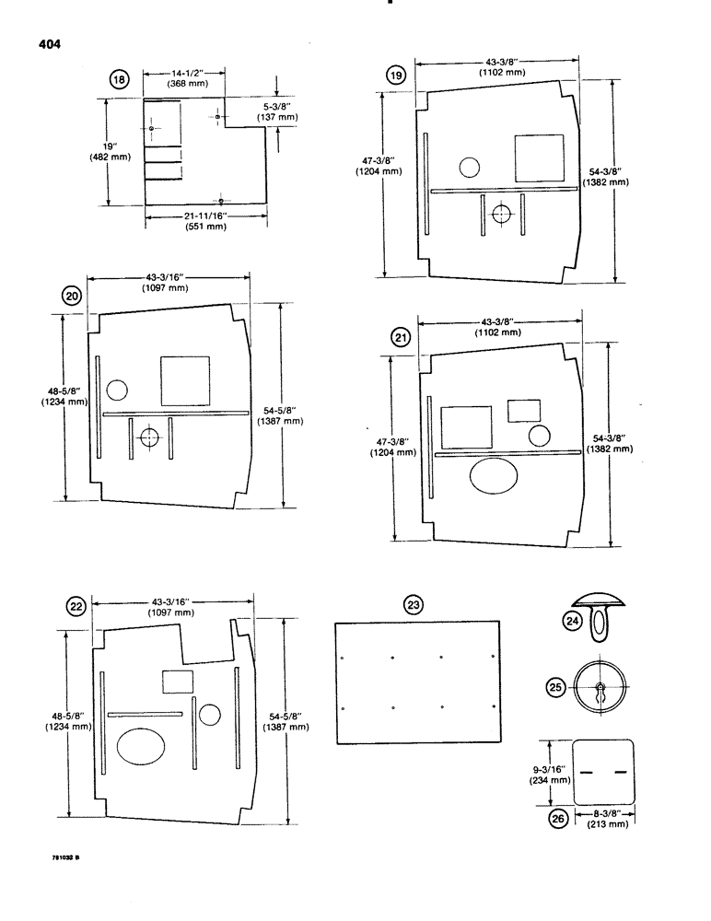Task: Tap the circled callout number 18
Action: click(119, 80)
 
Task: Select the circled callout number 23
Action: click(415, 604)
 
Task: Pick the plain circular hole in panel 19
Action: click(469, 167)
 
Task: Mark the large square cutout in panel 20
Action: click(186, 380)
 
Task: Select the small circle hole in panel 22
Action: click(209, 714)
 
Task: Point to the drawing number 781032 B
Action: click(66, 858)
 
